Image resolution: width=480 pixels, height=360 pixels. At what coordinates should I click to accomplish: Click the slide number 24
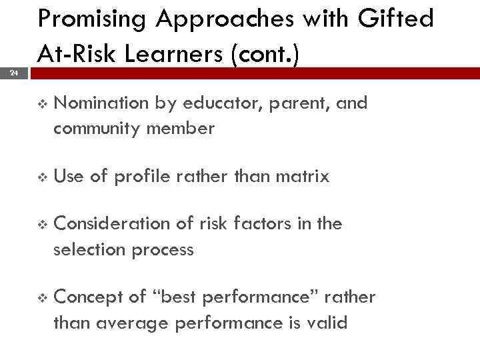[14, 74]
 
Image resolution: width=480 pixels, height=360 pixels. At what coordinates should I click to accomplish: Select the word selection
[86, 250]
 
